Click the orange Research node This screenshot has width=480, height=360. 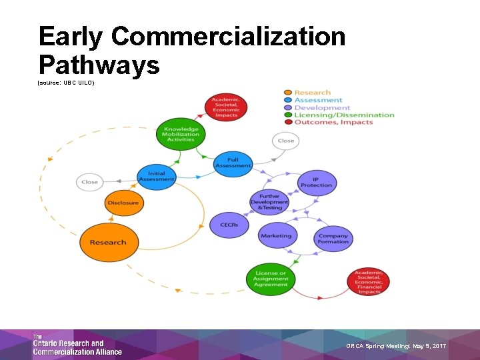108,242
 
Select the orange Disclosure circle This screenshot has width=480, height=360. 123,203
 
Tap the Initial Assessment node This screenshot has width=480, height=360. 156,177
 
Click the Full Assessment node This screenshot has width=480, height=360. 233,163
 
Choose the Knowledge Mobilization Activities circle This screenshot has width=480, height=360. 180,134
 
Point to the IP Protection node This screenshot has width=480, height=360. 317,182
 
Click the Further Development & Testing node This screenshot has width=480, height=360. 269,202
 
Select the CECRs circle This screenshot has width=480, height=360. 229,225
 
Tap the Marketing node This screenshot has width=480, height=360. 276,235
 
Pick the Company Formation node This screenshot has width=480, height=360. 333,237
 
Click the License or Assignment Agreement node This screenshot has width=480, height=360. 271,279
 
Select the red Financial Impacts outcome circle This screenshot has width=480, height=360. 369,281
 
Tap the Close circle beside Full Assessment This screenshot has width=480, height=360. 285,141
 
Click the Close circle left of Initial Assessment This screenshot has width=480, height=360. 89,181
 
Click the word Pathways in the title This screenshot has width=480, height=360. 99,65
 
